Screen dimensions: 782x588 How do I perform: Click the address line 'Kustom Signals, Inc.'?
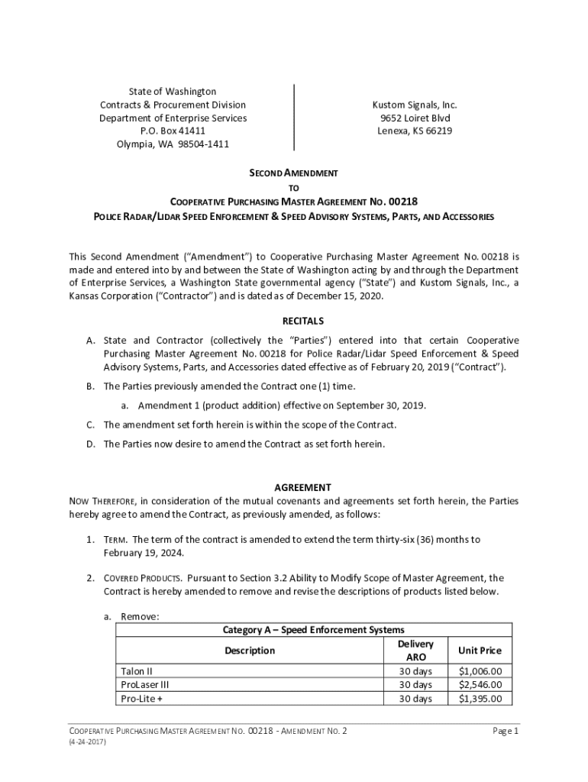tap(414, 105)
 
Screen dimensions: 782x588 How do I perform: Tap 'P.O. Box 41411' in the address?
tap(173, 131)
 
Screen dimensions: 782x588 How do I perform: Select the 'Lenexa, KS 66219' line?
tap(414, 131)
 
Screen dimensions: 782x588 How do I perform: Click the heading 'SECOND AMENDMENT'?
tap(293, 173)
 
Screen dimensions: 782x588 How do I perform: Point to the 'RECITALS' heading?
tap(293, 321)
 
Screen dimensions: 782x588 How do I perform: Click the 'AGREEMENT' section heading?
tap(293, 487)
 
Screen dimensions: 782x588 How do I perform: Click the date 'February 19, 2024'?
tap(144, 553)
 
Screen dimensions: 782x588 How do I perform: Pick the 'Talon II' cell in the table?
tap(137, 671)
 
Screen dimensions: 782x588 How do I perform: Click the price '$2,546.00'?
tap(480, 685)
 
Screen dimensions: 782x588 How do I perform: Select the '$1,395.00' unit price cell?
tap(480, 698)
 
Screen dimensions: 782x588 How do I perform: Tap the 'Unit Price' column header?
tap(480, 651)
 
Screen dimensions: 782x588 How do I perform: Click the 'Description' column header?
tap(249, 651)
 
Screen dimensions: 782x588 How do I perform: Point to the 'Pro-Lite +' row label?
tap(142, 698)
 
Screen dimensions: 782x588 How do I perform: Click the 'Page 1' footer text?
tap(506, 732)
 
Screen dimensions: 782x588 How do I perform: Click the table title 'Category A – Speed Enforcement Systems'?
tap(313, 630)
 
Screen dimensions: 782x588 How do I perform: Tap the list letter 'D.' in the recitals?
tap(91, 444)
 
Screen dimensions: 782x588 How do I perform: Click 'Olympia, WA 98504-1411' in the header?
tap(173, 144)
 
